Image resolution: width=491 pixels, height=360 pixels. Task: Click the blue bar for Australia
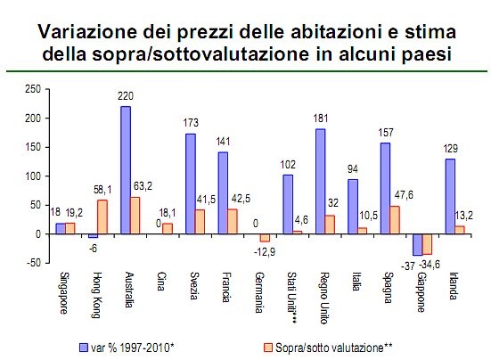click(x=126, y=170)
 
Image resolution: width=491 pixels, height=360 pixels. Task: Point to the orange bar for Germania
click(x=264, y=238)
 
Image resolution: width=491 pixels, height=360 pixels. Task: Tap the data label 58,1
click(x=103, y=192)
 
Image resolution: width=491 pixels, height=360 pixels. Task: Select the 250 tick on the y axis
click(x=33, y=88)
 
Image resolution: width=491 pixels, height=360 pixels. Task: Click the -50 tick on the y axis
click(x=33, y=263)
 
